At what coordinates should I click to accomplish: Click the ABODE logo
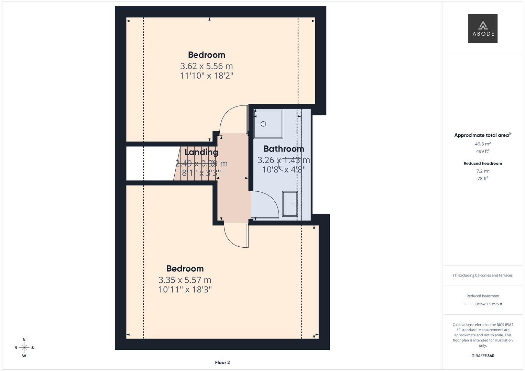483,28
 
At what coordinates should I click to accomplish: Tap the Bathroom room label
284,149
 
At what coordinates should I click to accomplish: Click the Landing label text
201,152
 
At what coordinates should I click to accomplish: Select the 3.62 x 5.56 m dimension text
207,66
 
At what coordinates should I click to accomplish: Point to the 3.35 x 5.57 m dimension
185,280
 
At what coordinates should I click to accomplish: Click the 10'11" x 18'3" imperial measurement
185,290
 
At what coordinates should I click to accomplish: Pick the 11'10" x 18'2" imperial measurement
207,76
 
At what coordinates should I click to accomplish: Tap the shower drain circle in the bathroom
263,124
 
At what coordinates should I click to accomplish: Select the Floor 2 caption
222,362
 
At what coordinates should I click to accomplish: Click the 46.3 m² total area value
483,144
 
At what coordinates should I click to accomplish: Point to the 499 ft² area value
483,151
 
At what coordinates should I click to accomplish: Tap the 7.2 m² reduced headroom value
483,171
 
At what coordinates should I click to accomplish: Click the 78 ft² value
483,179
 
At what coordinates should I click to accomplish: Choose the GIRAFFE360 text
483,356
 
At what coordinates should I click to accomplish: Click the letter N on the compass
16,348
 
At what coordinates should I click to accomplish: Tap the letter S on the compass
33,348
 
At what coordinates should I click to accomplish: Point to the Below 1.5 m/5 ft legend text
489,304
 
